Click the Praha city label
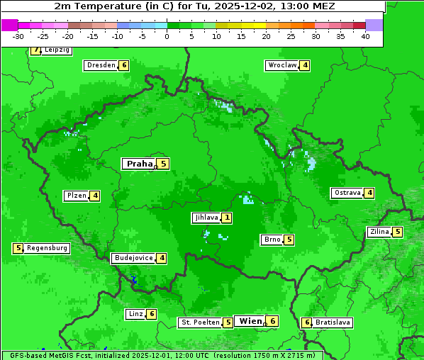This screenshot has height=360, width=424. point(139,164)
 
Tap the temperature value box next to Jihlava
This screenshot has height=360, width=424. point(226,218)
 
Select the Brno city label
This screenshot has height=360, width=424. point(271,240)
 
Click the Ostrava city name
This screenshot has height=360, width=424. point(347,193)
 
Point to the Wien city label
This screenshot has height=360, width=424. point(250,321)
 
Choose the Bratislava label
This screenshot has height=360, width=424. point(333,322)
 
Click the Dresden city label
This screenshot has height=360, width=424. point(101,65)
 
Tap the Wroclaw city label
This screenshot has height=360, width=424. point(281,65)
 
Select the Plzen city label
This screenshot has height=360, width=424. point(76,196)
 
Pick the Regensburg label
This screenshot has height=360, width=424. point(48,248)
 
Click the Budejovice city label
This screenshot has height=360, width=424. point(133,258)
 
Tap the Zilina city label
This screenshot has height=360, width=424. point(379,232)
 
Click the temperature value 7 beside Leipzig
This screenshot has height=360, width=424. point(35,50)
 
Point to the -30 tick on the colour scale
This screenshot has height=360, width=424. point(18,36)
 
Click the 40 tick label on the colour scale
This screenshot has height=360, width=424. point(365,36)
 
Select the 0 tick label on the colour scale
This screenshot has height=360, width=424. point(167,36)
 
